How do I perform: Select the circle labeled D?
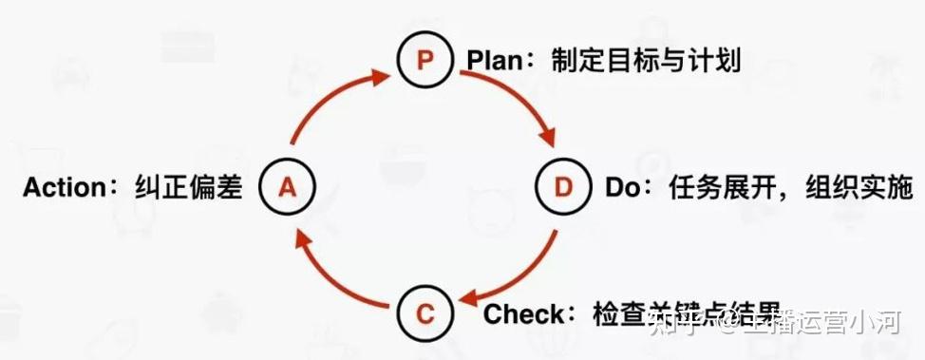(x=564, y=187)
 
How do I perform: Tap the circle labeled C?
(x=425, y=312)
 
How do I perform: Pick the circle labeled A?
(x=287, y=187)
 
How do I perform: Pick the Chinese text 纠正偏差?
(x=190, y=187)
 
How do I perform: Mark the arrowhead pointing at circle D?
(x=549, y=142)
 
